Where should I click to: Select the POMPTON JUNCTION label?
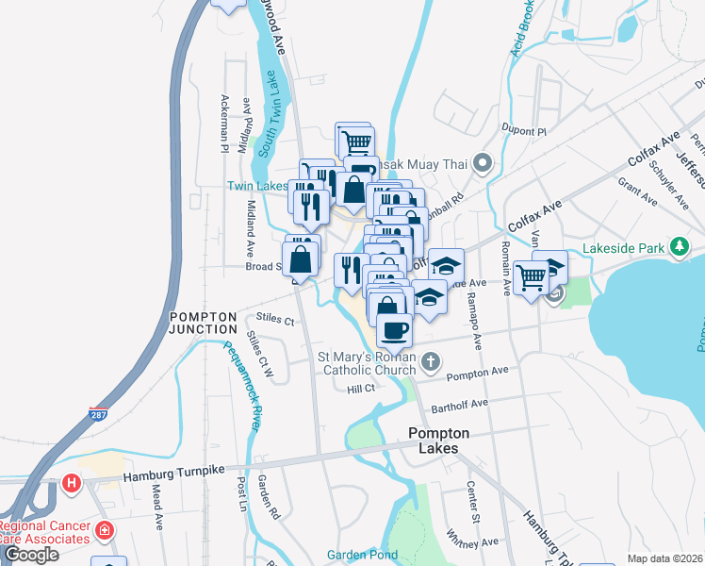[203, 322]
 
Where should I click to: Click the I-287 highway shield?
[98, 413]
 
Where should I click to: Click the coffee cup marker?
[394, 330]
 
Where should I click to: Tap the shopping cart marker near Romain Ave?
[532, 278]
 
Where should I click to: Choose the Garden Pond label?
[362, 555]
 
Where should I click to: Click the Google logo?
[31, 555]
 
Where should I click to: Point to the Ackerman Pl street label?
[224, 123]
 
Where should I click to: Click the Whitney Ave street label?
[477, 541]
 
